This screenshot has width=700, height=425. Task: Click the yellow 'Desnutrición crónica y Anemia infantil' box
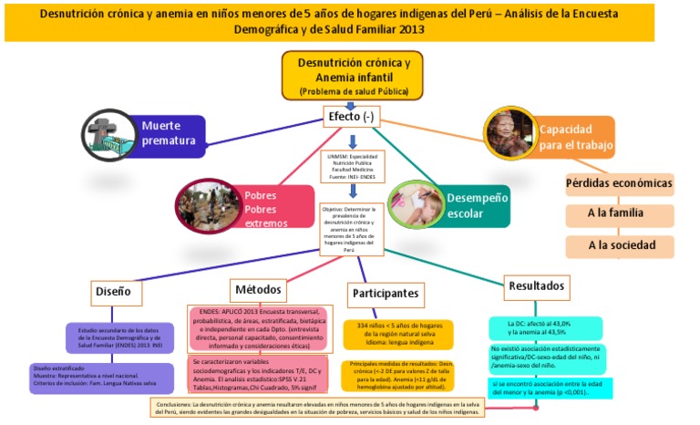coord(351,75)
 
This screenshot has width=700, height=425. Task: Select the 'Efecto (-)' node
coord(351,117)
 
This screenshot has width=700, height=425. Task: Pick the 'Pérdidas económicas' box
coord(620,184)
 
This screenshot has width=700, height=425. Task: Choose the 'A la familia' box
coord(620,215)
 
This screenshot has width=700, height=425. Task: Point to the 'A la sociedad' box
coord(620,245)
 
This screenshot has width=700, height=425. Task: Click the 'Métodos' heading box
coord(258,288)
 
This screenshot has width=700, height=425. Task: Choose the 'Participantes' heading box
coord(386,293)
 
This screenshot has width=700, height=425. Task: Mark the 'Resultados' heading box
coord(537,284)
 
